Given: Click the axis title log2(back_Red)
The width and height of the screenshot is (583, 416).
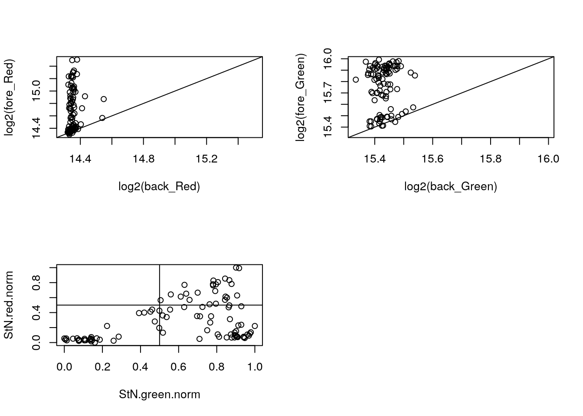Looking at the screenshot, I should (159, 186).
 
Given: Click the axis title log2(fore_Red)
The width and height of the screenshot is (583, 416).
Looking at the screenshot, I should (9, 97).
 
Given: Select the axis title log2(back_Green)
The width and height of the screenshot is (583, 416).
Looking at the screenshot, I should (451, 186).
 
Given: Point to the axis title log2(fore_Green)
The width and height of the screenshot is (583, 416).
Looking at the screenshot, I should (301, 97).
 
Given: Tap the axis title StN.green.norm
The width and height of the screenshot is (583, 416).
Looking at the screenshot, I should (159, 394).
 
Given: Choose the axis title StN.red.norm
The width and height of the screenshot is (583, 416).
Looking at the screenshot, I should (9, 305).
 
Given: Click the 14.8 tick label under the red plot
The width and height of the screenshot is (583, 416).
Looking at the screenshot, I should (144, 159).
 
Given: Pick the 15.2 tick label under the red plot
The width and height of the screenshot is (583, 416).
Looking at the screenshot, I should (206, 159).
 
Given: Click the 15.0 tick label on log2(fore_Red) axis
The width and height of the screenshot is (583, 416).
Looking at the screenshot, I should (37, 91).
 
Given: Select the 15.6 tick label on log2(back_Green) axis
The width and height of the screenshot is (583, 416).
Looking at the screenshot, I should (432, 159).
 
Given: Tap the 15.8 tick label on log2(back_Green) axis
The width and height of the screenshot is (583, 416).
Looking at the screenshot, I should (491, 159).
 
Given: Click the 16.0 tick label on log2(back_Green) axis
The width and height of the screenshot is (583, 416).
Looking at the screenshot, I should (548, 159).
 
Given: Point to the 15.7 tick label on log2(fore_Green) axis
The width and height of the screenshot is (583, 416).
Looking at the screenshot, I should (328, 93).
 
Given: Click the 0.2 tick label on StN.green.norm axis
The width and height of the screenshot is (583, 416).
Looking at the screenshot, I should (102, 367).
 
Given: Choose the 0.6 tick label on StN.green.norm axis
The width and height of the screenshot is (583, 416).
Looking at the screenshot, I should (179, 367).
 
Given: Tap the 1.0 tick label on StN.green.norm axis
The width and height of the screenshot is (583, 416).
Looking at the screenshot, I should (255, 367).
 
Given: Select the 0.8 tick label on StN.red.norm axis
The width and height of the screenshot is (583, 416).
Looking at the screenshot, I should (37, 283).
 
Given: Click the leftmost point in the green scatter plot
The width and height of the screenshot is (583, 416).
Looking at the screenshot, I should (356, 80).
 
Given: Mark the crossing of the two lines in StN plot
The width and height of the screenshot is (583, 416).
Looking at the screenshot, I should (160, 305).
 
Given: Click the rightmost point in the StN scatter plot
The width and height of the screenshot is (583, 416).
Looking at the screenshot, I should (255, 326).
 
